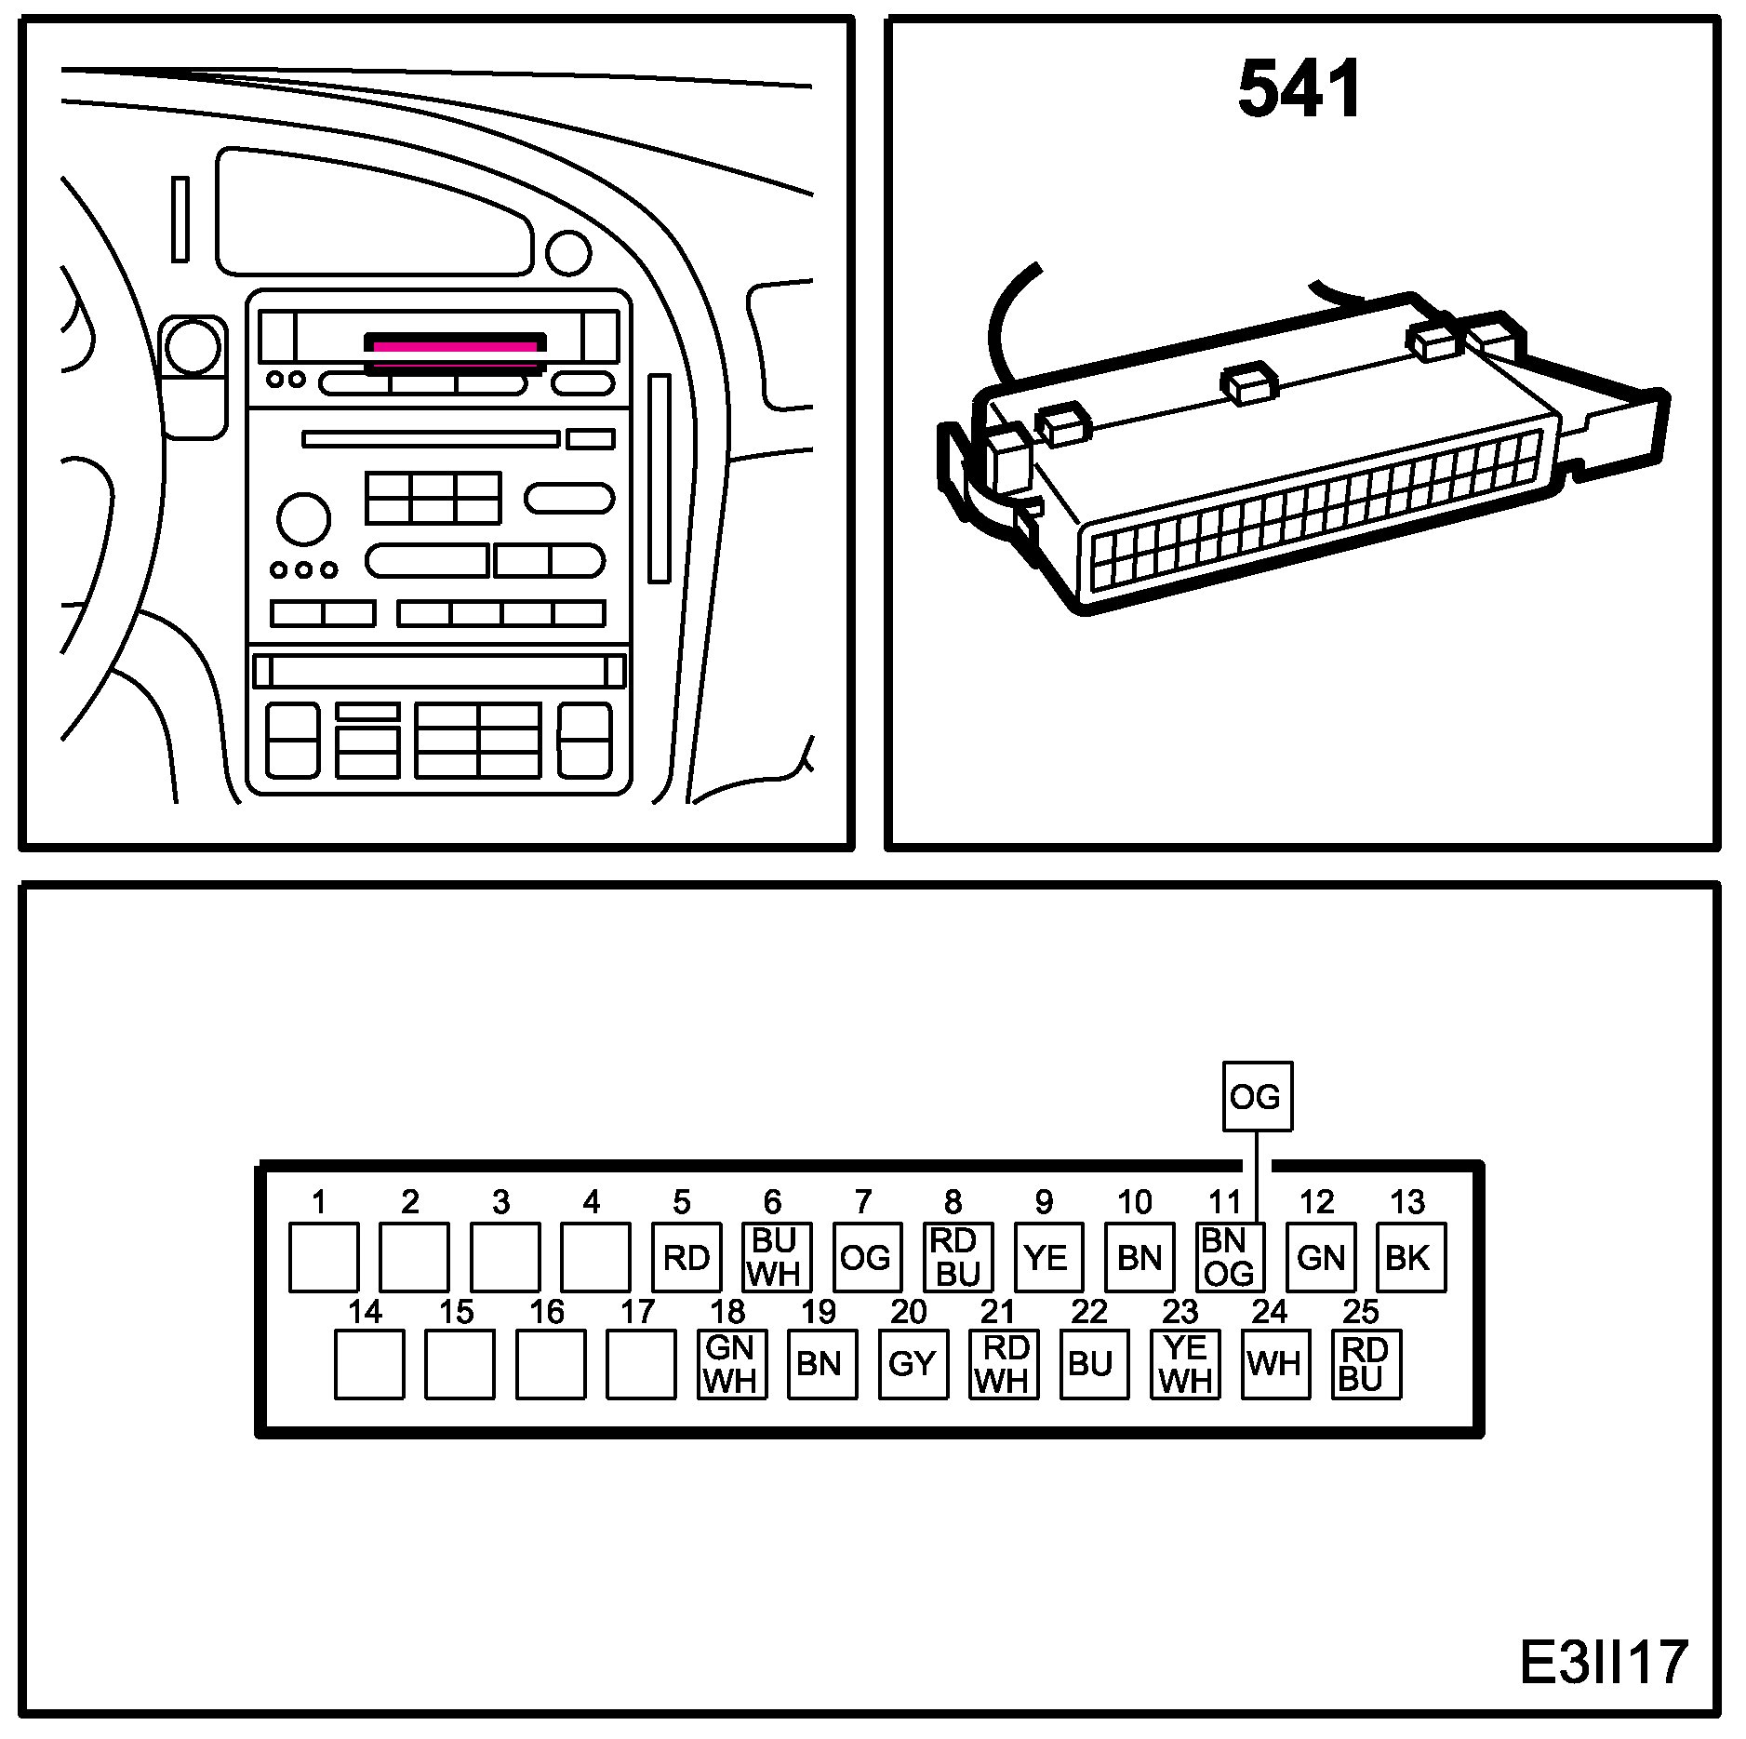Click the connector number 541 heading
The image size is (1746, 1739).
pos(1300,89)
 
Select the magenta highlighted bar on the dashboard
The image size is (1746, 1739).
pos(456,346)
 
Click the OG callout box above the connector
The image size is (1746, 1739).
pos(1257,1097)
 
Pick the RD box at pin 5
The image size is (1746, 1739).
pos(686,1257)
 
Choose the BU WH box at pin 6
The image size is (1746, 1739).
pos(777,1257)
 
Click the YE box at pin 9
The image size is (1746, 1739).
pos(1048,1257)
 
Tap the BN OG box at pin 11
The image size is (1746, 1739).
pos(1230,1257)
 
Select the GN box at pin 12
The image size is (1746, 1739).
pos(1321,1257)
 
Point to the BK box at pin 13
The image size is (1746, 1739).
pos(1410,1257)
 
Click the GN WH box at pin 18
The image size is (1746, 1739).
pos(732,1364)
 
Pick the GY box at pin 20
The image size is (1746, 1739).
pos(913,1364)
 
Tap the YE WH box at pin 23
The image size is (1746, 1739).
pos(1185,1364)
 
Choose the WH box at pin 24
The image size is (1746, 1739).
pos(1275,1364)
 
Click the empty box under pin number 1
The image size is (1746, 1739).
pos(324,1257)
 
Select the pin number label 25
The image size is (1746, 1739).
pos(1361,1312)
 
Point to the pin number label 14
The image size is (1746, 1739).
pos(365,1312)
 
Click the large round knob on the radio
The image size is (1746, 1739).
pos(303,519)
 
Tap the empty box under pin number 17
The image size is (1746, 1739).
pos(641,1364)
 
